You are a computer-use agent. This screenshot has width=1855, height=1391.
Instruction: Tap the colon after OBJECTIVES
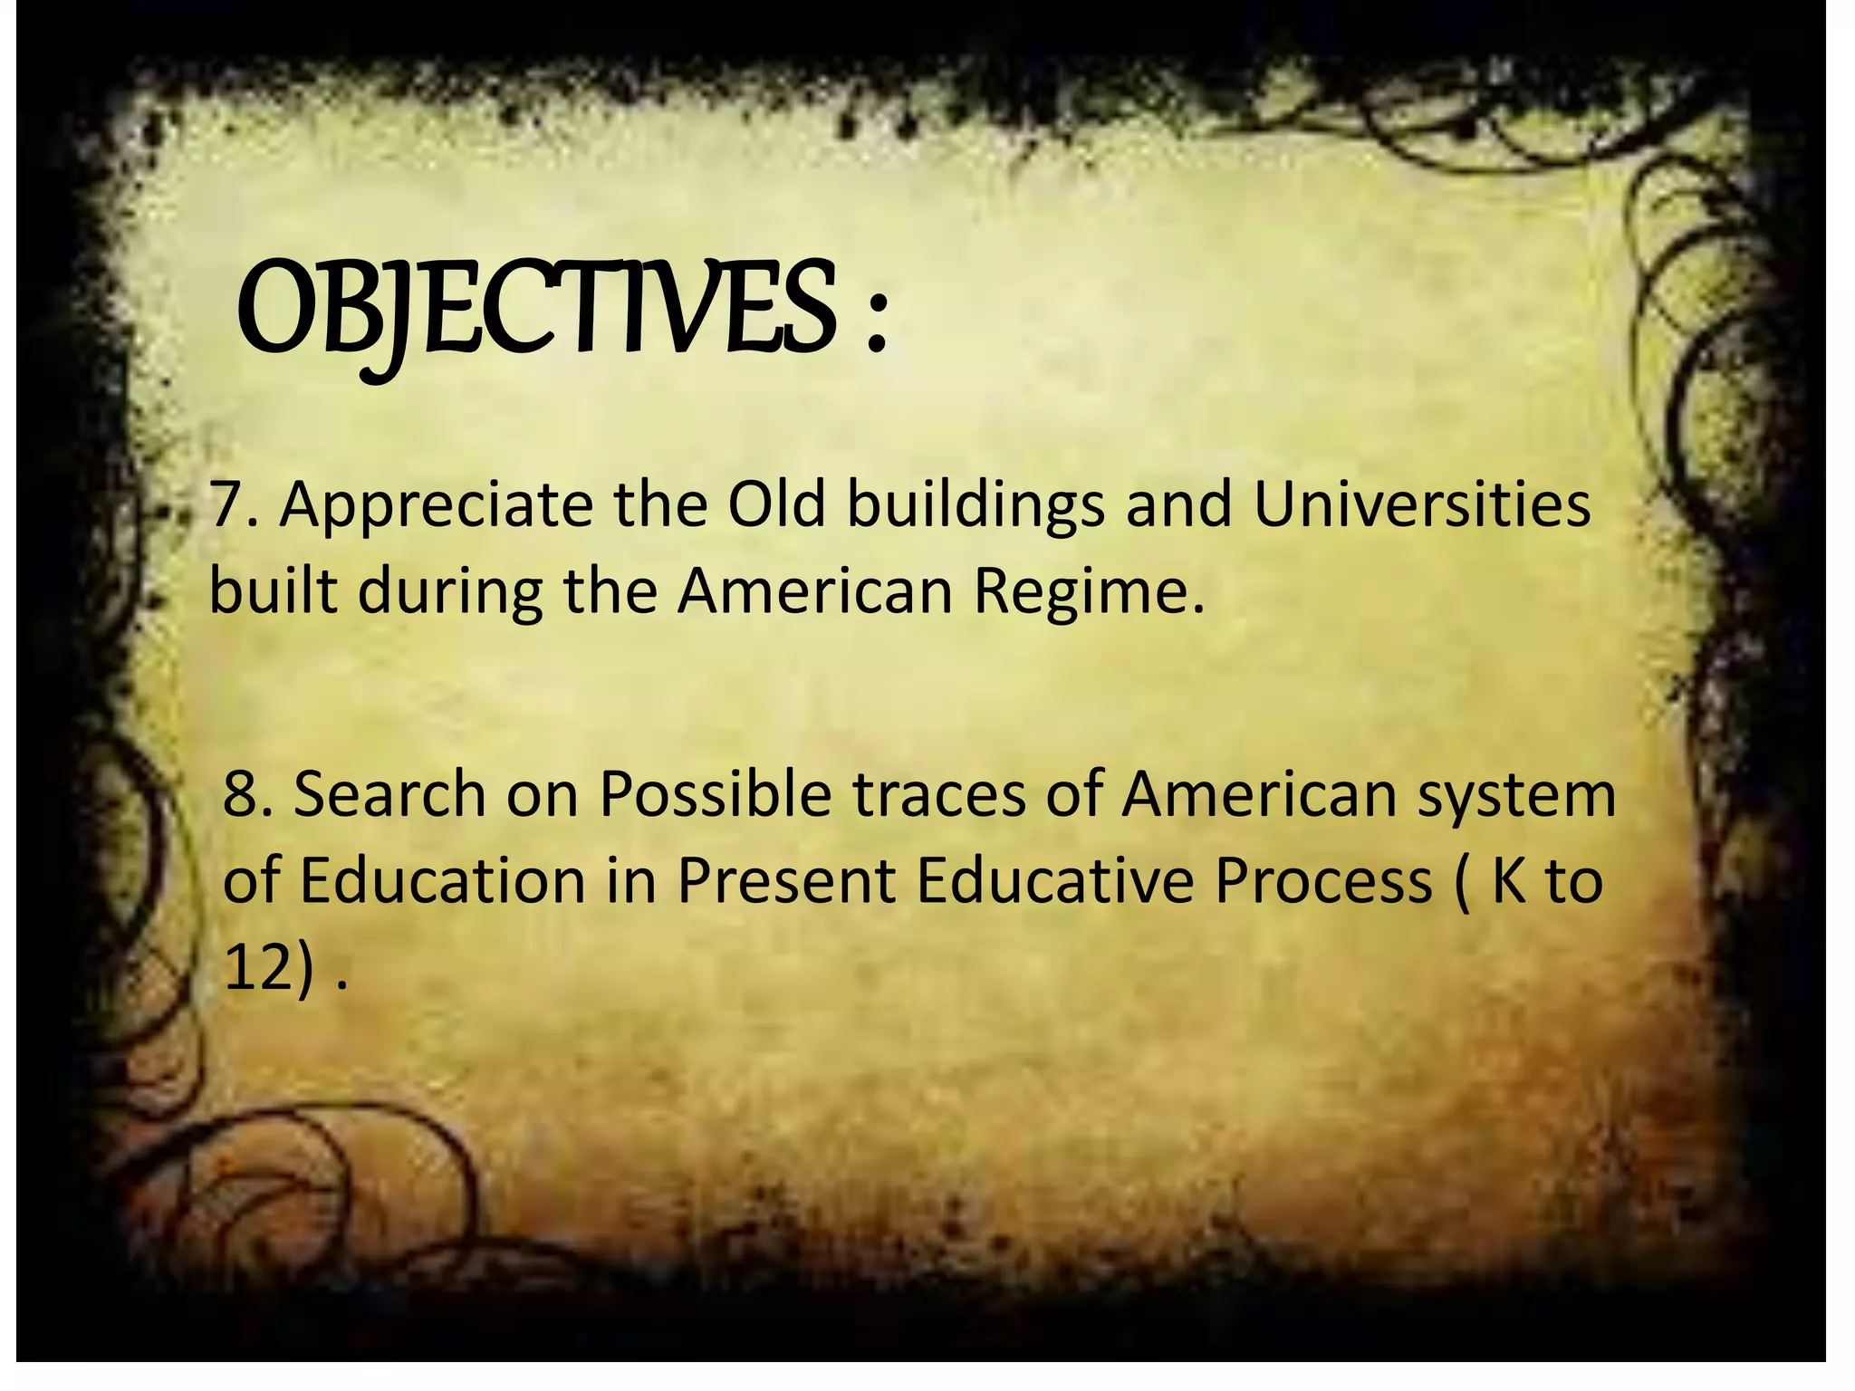point(875,321)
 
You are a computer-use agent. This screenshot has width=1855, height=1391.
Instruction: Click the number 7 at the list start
point(225,505)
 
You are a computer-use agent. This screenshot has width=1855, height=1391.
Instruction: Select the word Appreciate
point(437,507)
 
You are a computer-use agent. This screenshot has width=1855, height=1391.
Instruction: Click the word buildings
point(976,507)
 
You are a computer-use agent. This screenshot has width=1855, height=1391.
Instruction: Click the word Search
point(389,794)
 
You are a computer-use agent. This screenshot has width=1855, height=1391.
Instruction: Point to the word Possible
point(716,794)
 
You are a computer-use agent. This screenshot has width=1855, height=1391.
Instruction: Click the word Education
point(442,880)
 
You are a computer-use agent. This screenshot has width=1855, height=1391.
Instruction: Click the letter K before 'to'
point(1509,880)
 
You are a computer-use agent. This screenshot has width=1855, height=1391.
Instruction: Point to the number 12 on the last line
point(257,967)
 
